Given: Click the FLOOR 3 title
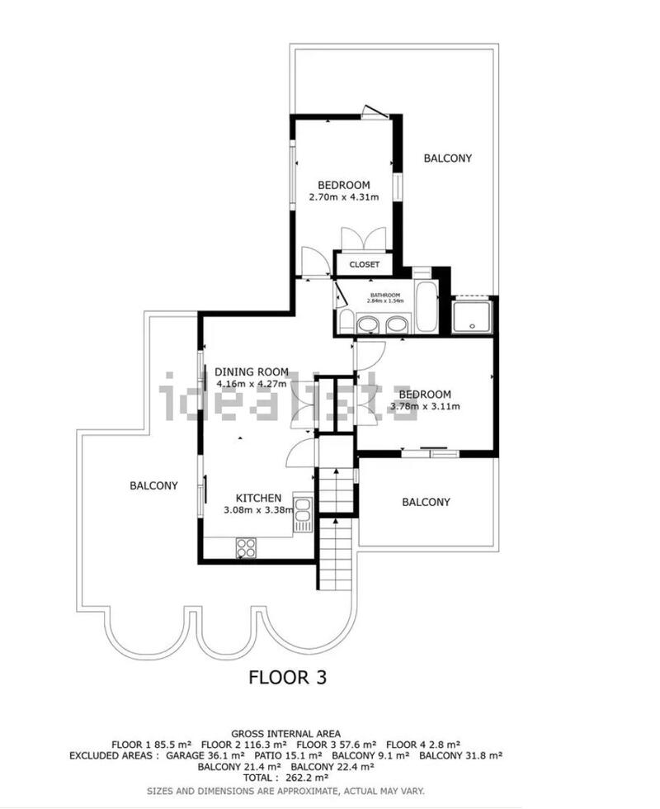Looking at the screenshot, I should pos(288,678).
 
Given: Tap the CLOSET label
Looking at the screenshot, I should pos(364,265).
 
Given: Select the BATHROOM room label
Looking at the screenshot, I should pos(384,296).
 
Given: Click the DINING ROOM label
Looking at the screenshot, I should pos(252,371).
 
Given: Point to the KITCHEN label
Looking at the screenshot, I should pos(258,498).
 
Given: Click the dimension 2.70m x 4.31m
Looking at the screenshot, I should pos(343,197).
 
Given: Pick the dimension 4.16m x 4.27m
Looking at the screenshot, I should pos(252,383).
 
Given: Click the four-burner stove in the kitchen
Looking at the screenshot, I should pos(246,546).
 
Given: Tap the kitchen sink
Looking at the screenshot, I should pos(304,513).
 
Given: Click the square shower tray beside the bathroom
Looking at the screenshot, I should pos(473,316).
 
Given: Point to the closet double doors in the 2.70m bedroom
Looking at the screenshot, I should pos(363,239).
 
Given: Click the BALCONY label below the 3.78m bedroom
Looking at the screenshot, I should pos(426,502).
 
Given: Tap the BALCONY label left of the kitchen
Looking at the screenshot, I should pos(153,485).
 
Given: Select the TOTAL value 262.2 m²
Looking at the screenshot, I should pos(287,777).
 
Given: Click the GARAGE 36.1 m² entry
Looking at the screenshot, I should pos(205,755).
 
